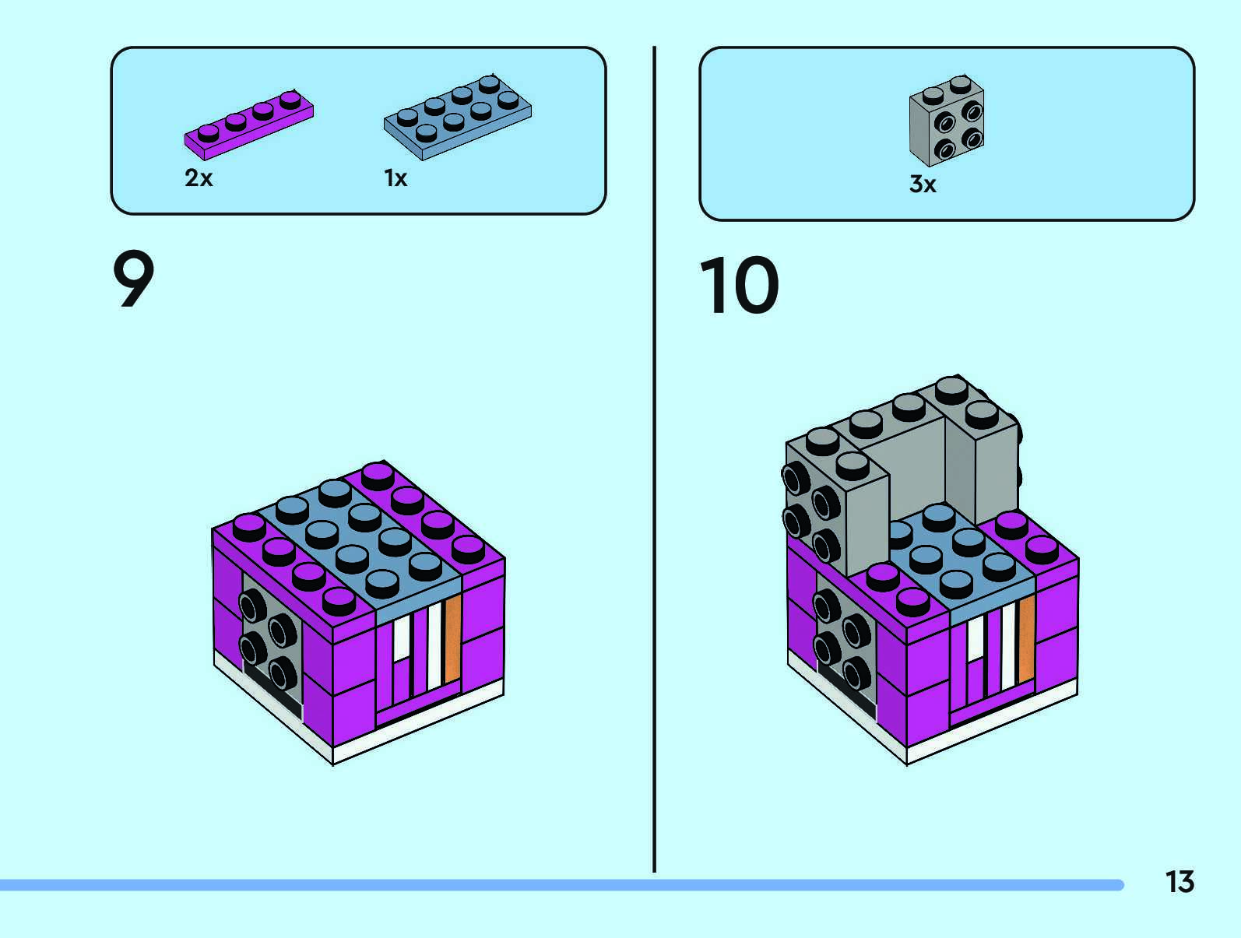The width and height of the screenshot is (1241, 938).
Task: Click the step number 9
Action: (x=134, y=280)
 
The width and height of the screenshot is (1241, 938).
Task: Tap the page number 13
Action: (x=1179, y=882)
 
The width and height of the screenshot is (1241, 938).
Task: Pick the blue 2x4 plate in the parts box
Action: (x=457, y=118)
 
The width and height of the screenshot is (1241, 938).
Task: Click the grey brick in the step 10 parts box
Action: (x=946, y=121)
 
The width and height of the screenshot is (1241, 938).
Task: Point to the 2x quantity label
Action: (x=199, y=178)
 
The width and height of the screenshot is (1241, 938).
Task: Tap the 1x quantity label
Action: (x=396, y=178)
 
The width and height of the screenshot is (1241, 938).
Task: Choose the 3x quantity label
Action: (x=923, y=184)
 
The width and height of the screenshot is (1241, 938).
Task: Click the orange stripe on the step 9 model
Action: (x=453, y=638)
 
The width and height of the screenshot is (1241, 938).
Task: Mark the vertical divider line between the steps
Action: (x=654, y=459)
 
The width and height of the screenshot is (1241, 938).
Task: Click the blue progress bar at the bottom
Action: (x=561, y=885)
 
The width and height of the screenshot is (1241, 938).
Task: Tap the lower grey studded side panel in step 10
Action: (x=845, y=646)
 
